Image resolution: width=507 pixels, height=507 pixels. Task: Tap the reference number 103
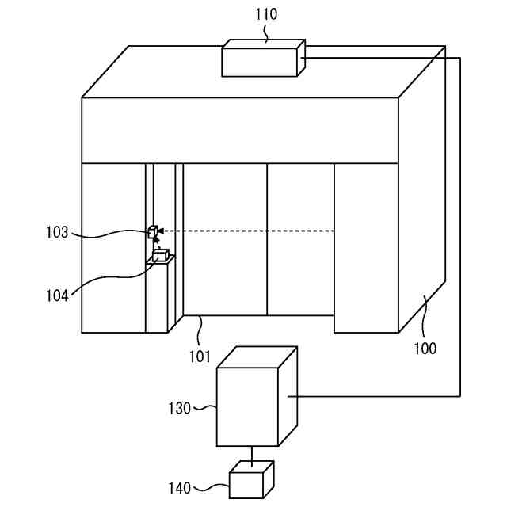58,232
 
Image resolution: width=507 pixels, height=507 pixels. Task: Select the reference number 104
56,295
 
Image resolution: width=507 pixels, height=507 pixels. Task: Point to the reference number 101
200,357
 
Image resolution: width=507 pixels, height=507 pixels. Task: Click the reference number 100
425,348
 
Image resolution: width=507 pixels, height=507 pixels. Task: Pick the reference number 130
180,409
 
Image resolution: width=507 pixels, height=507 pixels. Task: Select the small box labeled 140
251,480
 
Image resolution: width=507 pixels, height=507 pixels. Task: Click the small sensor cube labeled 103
152,232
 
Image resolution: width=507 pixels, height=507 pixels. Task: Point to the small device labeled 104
161,255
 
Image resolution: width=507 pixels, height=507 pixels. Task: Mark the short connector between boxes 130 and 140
252,454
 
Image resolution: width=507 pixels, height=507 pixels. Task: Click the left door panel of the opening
225,238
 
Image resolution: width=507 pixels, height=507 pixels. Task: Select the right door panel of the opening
299,238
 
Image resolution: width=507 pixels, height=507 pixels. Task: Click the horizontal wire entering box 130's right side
372,395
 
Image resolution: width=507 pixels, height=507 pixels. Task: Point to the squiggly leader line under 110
265,32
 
